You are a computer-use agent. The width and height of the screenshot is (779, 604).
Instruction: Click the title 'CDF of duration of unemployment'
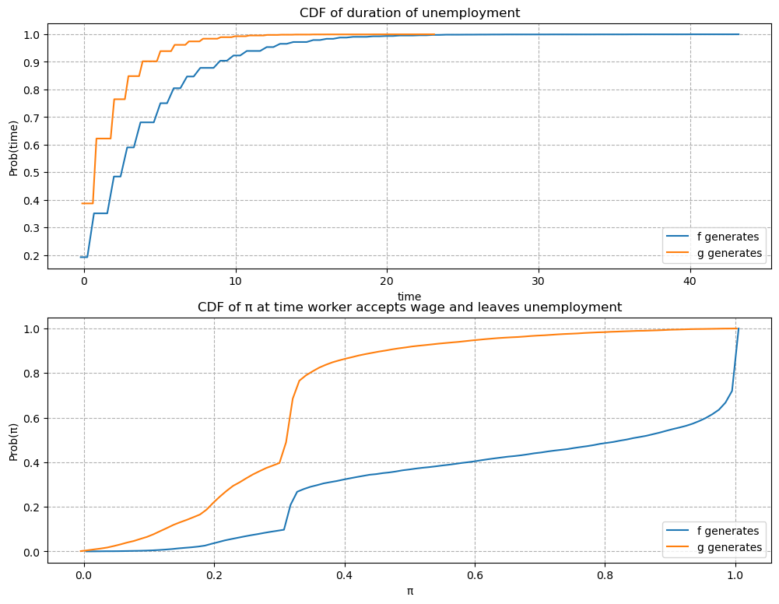click(409, 12)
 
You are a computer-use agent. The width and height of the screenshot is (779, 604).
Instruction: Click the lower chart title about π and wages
click(409, 307)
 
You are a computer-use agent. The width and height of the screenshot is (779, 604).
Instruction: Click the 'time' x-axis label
click(409, 297)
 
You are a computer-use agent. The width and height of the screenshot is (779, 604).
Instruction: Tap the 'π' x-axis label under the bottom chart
click(409, 591)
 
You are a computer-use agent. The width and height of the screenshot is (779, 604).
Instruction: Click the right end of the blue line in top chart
click(739, 34)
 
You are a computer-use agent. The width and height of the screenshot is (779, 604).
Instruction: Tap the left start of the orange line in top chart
click(81, 203)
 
